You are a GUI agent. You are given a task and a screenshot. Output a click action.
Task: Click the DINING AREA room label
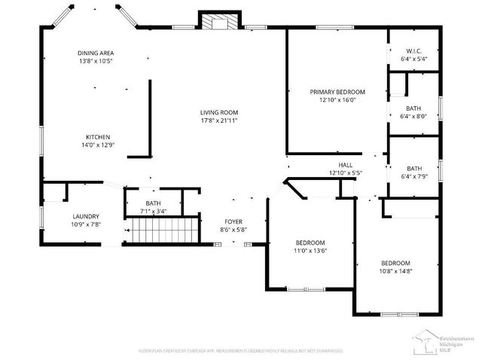coord(96,53)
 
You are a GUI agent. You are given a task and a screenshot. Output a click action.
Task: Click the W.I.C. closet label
coord(414,51)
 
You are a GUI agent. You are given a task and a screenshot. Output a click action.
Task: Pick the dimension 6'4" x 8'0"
coord(414,116)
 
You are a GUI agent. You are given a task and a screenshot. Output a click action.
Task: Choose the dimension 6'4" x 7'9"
coord(414,176)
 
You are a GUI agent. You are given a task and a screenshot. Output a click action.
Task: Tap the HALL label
coord(345,165)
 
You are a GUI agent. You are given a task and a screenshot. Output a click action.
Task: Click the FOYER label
coord(233,221)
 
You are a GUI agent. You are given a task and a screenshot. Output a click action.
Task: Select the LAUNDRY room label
coord(85,215)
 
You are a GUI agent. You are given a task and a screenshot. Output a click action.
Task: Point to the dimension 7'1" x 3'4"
coord(153,212)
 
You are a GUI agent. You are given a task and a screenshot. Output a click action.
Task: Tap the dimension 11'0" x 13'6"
coord(310,251)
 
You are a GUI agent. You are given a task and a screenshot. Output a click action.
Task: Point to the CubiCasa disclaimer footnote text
coord(240,350)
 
